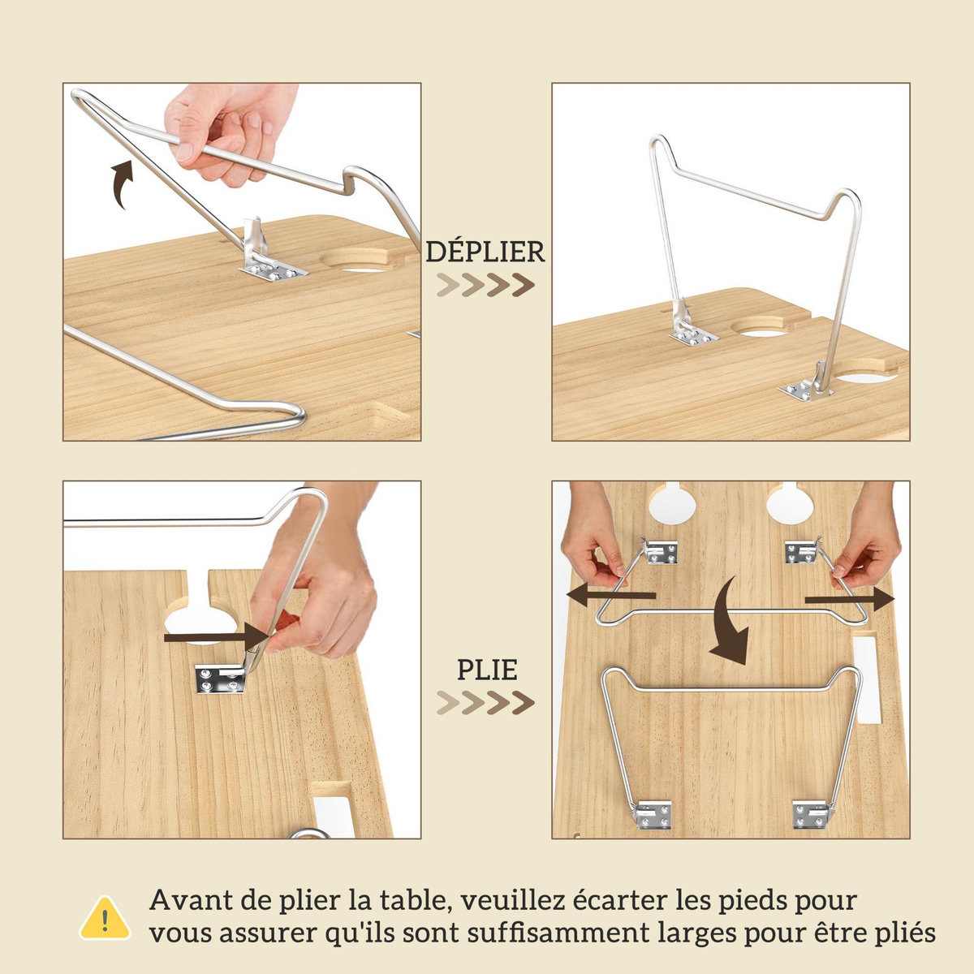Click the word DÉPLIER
[x=485, y=252]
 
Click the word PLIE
[x=486, y=670]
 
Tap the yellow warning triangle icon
[x=105, y=918]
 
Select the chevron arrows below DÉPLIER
[x=485, y=286]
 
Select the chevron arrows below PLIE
[x=485, y=703]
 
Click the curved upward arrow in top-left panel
[x=120, y=183]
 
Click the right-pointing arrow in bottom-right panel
[x=849, y=598]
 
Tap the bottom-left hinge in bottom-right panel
[x=654, y=814]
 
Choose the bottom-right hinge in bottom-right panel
[x=811, y=814]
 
